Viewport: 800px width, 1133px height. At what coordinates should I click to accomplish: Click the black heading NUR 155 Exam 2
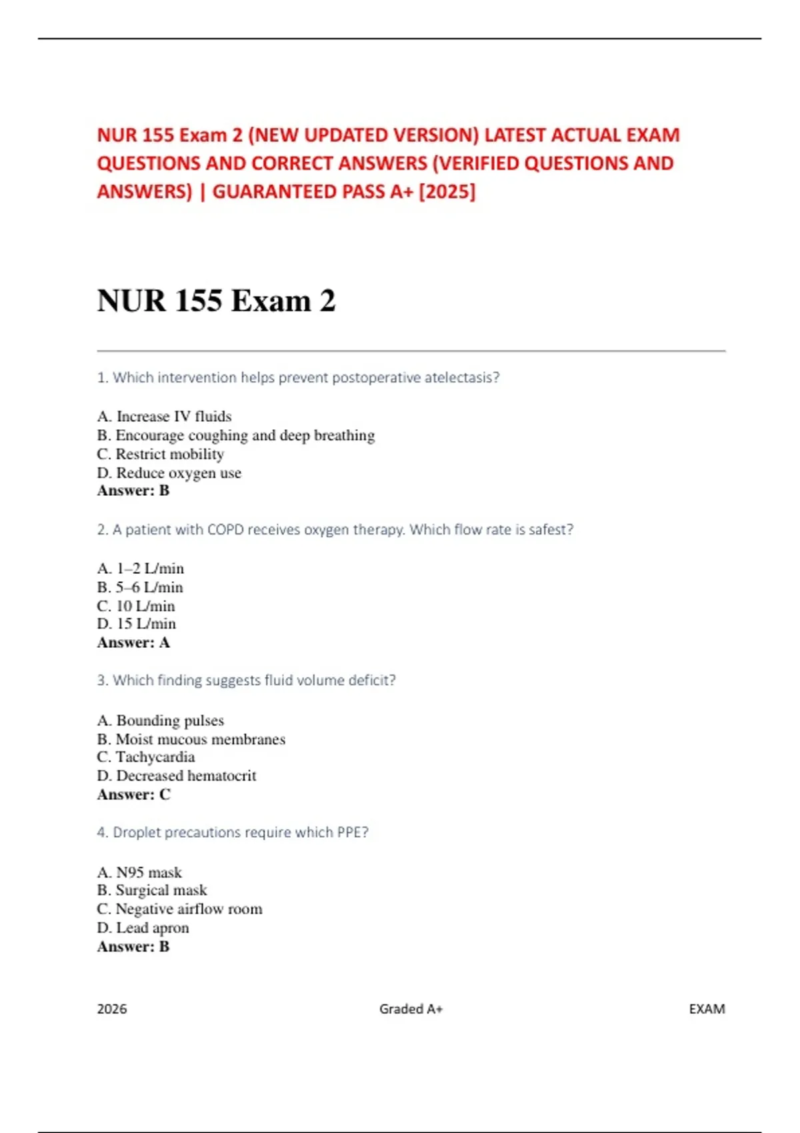216,301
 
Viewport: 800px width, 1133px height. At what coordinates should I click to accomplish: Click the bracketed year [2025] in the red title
447,192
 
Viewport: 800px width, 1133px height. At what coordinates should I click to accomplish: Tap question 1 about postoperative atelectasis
298,377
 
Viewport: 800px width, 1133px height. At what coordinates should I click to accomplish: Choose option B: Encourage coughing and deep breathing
236,435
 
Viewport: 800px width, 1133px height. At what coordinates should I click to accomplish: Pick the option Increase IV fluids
165,417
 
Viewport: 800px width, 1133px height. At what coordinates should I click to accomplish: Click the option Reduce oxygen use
169,473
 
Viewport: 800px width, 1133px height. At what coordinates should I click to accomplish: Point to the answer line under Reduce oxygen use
133,491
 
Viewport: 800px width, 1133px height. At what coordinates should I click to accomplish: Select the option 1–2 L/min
141,568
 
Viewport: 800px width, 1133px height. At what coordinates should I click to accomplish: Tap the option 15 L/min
137,624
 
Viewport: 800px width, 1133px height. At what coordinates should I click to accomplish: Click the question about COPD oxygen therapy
335,529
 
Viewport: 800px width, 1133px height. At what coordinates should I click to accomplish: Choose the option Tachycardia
146,757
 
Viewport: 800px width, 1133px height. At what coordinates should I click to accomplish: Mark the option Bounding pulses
161,720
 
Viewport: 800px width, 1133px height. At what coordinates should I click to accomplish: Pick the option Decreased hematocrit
177,776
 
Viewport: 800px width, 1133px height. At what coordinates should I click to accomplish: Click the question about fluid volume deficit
246,680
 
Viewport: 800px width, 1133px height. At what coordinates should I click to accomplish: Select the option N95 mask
139,872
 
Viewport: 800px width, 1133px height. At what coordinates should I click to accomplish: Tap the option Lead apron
143,928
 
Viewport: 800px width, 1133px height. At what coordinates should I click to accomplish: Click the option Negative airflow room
179,909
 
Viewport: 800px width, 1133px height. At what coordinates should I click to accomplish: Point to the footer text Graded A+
411,1009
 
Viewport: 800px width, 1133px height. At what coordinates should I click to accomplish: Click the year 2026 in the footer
112,1009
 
